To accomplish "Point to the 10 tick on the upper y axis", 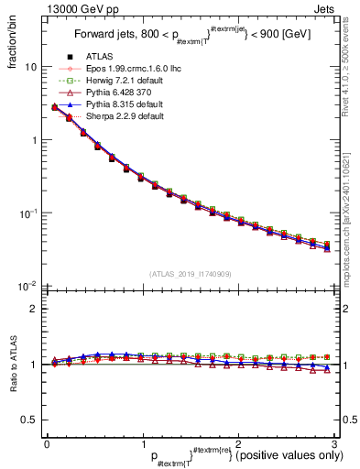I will pos(30,68).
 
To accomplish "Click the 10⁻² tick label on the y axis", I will pos(27,286).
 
